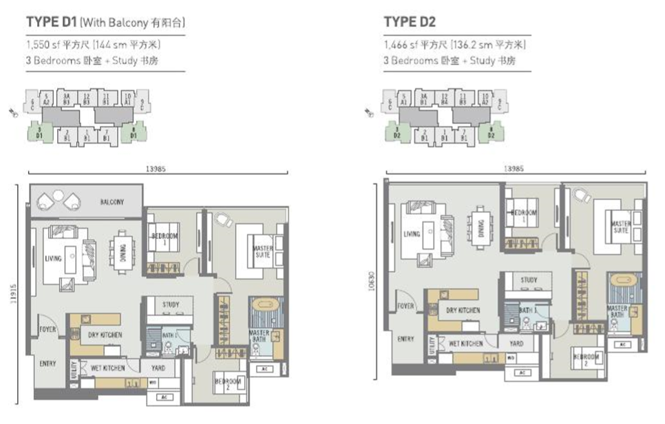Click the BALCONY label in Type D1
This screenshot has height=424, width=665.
point(112,202)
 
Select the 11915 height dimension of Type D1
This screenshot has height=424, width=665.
point(12,290)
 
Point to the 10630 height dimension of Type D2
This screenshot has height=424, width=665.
point(372,280)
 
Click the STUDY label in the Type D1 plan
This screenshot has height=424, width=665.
point(171,304)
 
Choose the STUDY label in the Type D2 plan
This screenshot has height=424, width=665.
point(529,280)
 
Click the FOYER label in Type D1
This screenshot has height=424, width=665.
point(47,330)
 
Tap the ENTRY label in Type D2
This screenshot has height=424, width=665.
point(406,338)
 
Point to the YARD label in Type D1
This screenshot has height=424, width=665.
point(158,368)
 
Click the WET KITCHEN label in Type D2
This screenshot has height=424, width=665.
point(465,343)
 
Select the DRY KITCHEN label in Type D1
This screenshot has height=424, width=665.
point(105,335)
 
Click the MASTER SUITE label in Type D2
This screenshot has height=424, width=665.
point(620,226)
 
